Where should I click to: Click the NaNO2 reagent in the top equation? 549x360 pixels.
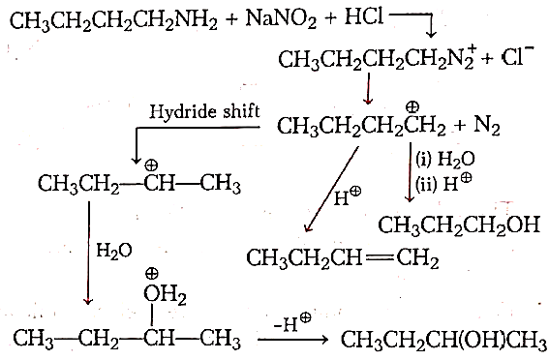[x=281, y=18]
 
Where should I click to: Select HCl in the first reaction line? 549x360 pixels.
[x=364, y=16]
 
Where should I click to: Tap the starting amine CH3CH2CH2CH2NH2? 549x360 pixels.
[x=113, y=21]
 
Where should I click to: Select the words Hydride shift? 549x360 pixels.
[x=204, y=112]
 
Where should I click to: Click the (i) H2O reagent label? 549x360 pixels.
[x=445, y=160]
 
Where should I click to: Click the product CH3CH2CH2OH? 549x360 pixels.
[x=459, y=225]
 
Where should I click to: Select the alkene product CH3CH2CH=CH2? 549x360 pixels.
[x=343, y=258]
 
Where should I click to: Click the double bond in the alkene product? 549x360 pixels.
[x=379, y=257]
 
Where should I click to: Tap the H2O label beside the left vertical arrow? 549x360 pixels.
[x=114, y=251]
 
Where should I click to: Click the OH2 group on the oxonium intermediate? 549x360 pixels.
[x=165, y=294]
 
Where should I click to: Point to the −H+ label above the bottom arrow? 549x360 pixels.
[x=292, y=322]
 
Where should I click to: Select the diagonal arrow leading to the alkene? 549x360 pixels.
[x=331, y=190]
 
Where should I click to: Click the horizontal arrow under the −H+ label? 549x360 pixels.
[x=293, y=339]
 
